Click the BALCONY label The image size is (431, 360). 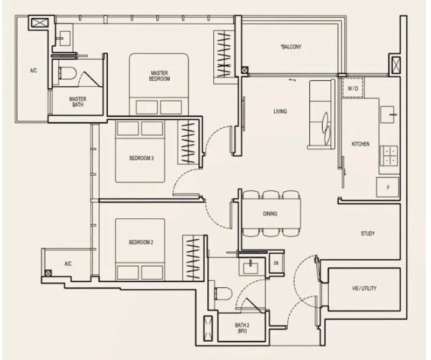[291, 47]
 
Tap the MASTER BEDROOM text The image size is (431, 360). [159, 76]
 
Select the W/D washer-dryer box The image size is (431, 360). [353, 88]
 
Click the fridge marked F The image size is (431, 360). [387, 188]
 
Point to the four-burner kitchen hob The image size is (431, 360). [388, 156]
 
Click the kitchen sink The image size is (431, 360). [387, 115]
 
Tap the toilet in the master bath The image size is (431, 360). [67, 73]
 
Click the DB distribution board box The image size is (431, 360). [276, 263]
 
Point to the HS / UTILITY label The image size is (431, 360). [364, 288]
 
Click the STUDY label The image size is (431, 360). [367, 233]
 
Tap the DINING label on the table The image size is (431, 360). [270, 213]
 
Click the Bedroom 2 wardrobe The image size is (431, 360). [194, 258]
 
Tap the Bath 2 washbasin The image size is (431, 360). [251, 266]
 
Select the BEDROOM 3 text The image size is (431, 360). [141, 158]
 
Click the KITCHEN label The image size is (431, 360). [360, 144]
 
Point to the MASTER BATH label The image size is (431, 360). [78, 102]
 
